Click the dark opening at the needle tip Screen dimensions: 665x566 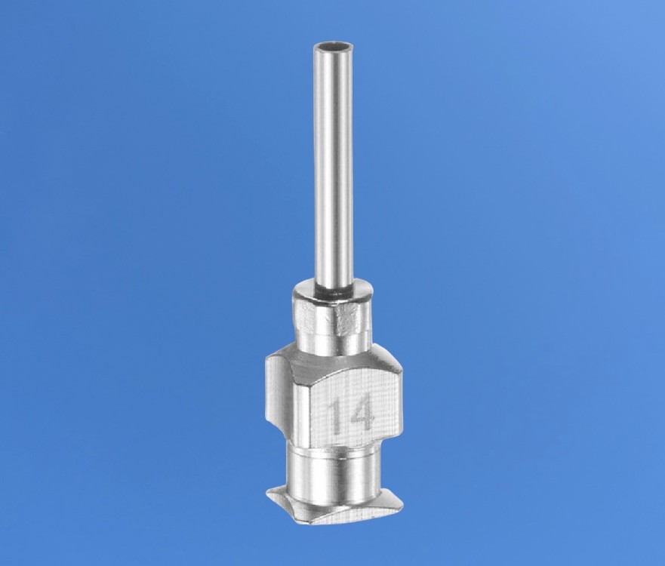[x=333, y=46]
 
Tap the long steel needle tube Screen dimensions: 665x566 [x=333, y=165]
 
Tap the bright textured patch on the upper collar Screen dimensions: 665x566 [x=347, y=317]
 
